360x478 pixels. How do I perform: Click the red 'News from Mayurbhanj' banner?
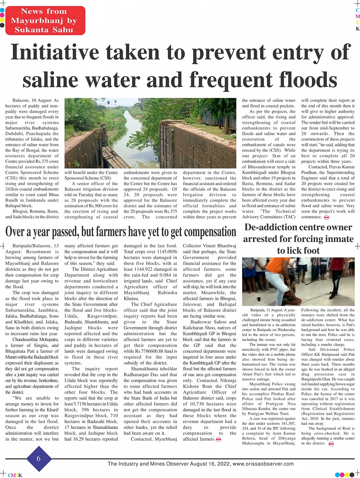(x=45, y=21)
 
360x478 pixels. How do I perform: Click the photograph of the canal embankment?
(x=150, y=133)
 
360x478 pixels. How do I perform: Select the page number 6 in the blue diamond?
(x=38, y=459)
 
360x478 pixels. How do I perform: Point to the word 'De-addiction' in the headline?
(x=272, y=227)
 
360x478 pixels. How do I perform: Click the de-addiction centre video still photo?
(x=298, y=281)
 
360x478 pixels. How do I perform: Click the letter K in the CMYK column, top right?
(x=357, y=29)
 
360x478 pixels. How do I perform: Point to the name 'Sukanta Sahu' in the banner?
(x=44, y=29)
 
